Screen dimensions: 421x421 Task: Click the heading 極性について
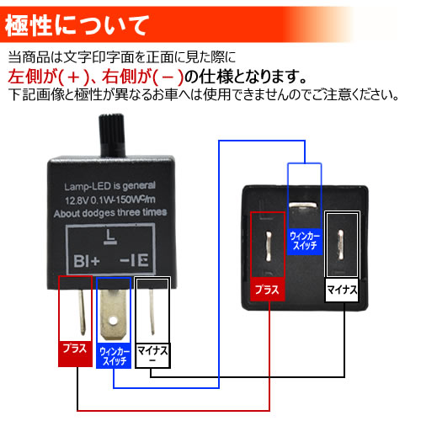point(77,25)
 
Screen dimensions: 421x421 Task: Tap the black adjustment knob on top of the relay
point(111,136)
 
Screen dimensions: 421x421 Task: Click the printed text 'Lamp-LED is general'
point(109,186)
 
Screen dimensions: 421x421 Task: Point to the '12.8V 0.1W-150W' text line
point(110,200)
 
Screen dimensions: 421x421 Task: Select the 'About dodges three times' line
point(110,213)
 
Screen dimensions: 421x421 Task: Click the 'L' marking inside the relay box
point(110,237)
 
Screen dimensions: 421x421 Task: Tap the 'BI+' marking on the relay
point(87,261)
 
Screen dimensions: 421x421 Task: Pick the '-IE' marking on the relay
point(134,261)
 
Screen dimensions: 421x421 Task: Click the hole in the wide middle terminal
point(113,320)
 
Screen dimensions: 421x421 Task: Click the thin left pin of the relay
point(82,312)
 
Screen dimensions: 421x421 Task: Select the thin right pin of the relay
point(152,312)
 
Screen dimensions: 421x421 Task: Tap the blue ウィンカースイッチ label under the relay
point(114,356)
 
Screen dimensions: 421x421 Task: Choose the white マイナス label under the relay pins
point(152,355)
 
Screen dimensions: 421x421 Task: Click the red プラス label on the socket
point(268,290)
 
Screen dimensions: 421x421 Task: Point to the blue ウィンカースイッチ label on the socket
point(305,242)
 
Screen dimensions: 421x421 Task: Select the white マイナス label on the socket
point(342,290)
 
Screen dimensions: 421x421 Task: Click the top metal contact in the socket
point(303,205)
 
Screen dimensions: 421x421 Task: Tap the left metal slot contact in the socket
point(269,246)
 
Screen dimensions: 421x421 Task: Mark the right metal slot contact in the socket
point(341,244)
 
